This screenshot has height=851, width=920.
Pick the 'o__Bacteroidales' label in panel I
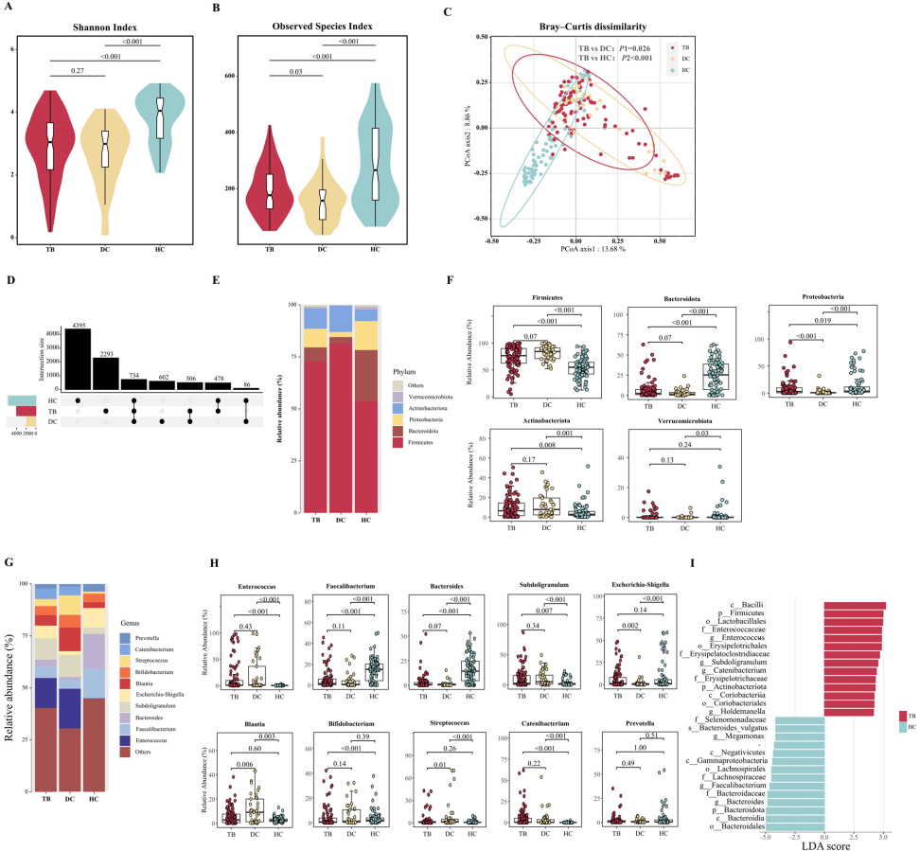pyautogui.click(x=735, y=826)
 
